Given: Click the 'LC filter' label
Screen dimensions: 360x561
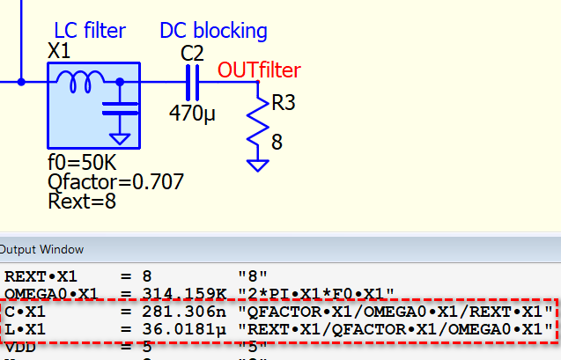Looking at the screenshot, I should click(90, 31).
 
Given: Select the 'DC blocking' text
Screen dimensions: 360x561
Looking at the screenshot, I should click(213, 31).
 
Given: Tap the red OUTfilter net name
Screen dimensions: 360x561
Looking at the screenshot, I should click(259, 70).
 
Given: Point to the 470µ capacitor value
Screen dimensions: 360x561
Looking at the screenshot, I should click(193, 113).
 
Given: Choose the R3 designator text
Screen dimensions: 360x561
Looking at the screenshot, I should click(284, 104).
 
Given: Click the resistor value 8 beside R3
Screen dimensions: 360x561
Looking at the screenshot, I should click(277, 141).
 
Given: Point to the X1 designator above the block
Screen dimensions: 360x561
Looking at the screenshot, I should click(58, 52).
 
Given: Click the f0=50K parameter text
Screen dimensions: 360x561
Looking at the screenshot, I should click(81, 164).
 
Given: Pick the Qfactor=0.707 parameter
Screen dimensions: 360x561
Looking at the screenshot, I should click(116, 182).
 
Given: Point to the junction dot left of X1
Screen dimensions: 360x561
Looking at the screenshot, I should click(21, 81).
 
